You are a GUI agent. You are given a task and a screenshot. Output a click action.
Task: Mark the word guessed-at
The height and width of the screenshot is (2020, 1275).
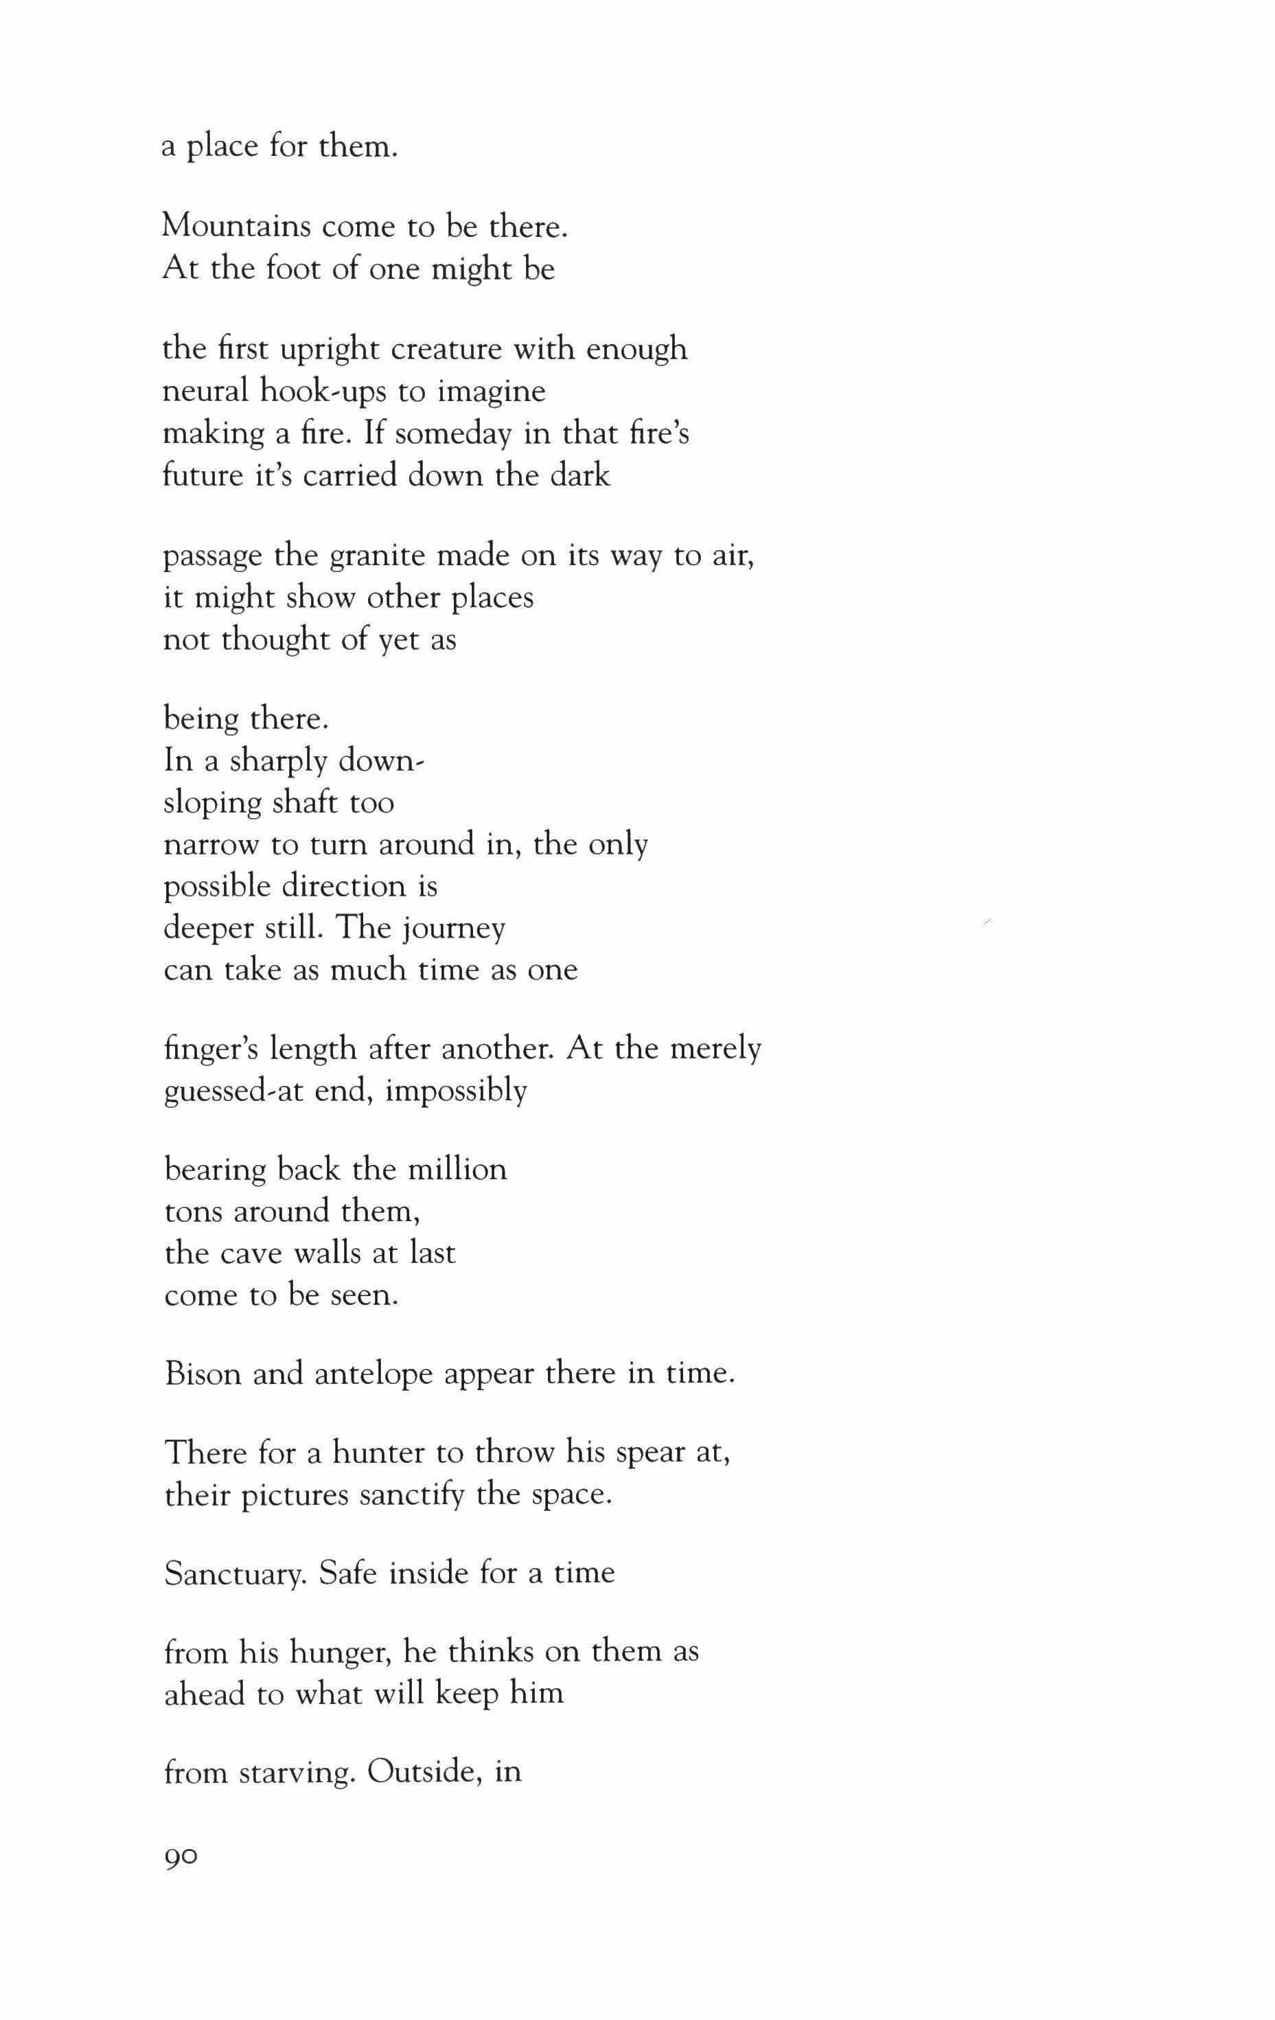click(x=219, y=1091)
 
